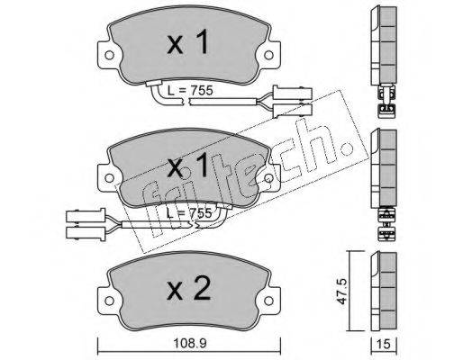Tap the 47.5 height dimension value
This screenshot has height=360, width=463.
pos(343,291)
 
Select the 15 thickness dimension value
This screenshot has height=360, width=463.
pos(384,345)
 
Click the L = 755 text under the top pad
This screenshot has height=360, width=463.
pos(190,90)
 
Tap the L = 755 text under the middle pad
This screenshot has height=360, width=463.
pos(189,213)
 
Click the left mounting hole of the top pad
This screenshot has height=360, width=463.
pos(109,55)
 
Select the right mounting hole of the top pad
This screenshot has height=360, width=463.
pos(268,55)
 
